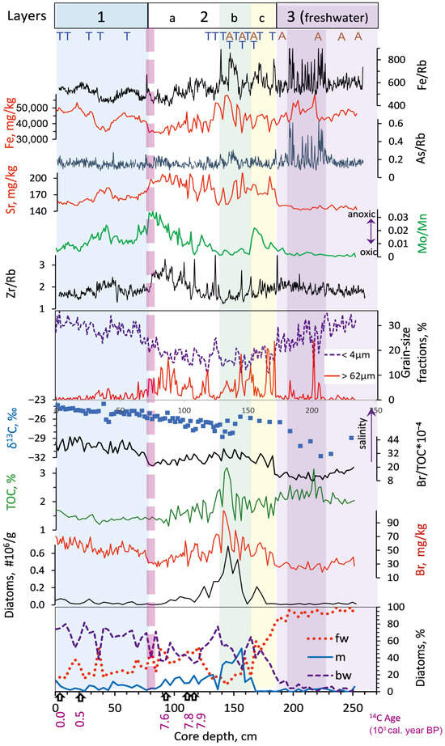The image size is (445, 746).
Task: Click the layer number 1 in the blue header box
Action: (100, 15)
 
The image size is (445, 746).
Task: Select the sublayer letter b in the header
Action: (235, 16)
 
